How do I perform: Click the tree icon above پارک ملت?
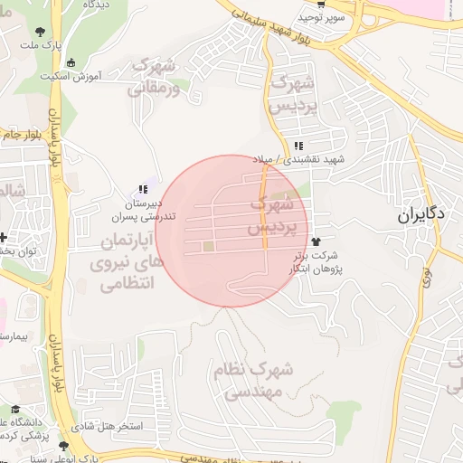(40, 32)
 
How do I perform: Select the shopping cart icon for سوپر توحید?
(308, 5)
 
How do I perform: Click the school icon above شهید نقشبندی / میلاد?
(298, 146)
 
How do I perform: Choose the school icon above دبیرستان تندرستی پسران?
(142, 190)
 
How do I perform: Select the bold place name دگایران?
(421, 216)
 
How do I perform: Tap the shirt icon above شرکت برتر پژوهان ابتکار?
(316, 241)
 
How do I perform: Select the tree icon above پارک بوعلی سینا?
(62, 446)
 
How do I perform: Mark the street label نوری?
(426, 277)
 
